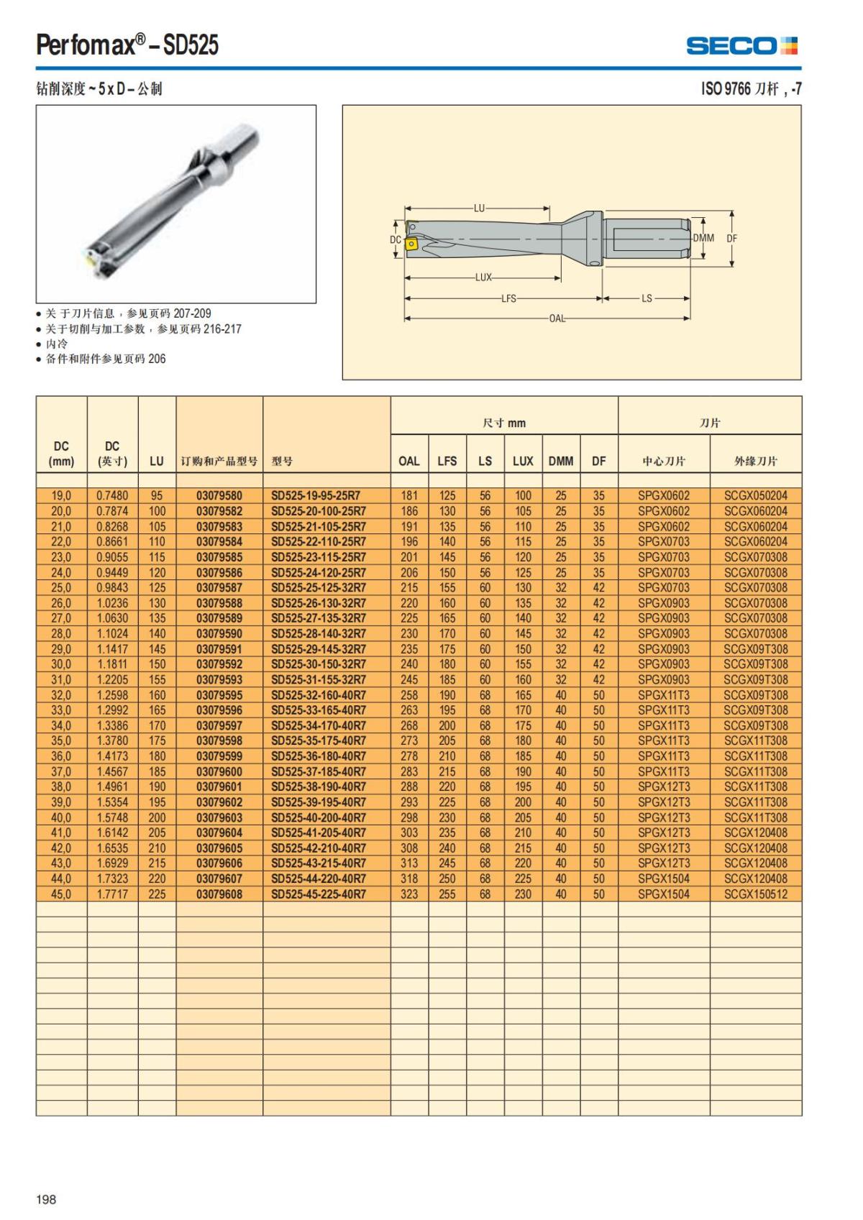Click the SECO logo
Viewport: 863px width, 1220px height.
pos(741,46)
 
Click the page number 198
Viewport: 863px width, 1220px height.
pos(46,1198)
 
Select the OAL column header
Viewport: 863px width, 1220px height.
pos(409,461)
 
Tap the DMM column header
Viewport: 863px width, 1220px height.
pos(561,461)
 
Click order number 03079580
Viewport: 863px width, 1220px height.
pos(219,495)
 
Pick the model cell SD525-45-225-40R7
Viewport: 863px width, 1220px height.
pos(318,894)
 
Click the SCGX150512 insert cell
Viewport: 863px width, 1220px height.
pos(755,894)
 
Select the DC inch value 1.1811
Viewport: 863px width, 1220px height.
pos(112,664)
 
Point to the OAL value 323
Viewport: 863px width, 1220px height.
pos(409,894)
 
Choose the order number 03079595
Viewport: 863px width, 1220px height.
pos(219,695)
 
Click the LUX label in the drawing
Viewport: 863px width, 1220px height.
pos(483,278)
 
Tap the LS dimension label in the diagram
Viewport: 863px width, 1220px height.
pos(647,298)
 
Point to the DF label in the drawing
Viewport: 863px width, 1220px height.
pos(731,239)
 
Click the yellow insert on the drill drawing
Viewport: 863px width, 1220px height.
pos(411,244)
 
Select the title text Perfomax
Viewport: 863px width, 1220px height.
pos(86,46)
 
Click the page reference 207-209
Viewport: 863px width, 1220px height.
pos(192,313)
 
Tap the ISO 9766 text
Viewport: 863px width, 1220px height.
pos(726,89)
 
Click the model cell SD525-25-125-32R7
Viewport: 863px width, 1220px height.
pos(318,587)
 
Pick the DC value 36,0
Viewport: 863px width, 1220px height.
pos(61,756)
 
